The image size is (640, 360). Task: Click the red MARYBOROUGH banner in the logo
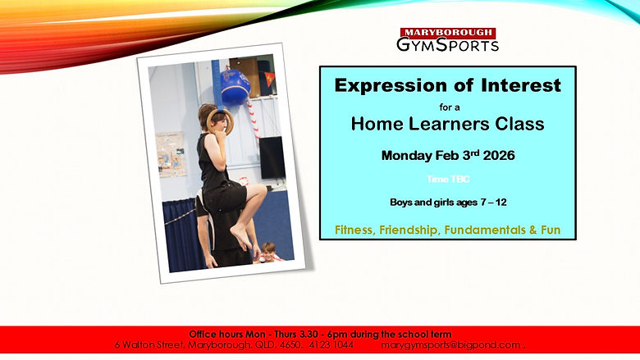[x=447, y=32]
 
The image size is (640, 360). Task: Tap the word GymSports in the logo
[x=447, y=45]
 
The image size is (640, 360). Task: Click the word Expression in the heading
[x=381, y=85]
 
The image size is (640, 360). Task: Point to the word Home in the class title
[x=374, y=125]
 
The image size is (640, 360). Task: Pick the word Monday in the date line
[x=408, y=155]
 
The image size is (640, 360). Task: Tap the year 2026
[x=495, y=155]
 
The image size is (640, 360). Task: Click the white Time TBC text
[x=448, y=179]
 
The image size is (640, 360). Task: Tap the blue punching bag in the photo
[x=235, y=86]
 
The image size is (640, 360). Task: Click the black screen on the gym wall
[x=272, y=157]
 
